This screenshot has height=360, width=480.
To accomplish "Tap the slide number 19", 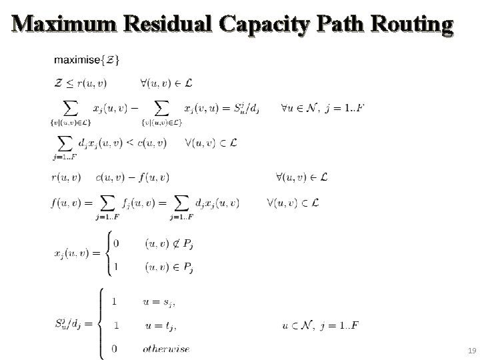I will point(471,350).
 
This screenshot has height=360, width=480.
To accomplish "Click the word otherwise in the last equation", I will point(166,348).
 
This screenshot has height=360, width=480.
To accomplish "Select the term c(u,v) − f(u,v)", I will point(133,177).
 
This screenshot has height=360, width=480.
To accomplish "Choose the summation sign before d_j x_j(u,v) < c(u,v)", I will point(65,143).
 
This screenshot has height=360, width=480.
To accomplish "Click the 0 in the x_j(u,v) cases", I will point(117,243).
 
